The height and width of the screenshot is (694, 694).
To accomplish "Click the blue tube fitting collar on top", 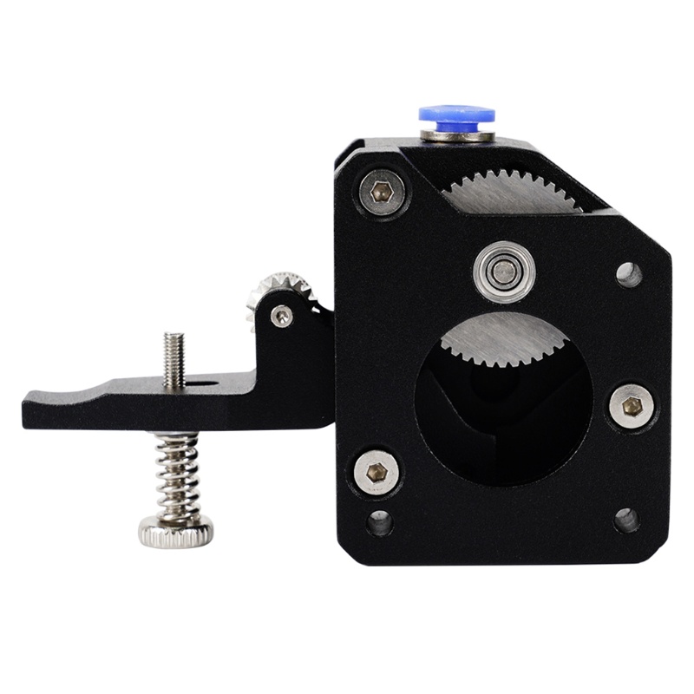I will pos(456,115).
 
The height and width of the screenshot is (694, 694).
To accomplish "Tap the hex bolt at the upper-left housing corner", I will pos(382,193).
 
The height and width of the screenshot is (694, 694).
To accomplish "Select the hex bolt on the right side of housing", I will pos(631,406).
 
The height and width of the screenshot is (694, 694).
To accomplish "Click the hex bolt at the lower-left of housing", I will pos(377,472).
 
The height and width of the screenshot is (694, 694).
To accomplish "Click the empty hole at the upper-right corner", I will pos(629,274).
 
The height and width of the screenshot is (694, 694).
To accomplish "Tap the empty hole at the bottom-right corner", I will pos(626,520).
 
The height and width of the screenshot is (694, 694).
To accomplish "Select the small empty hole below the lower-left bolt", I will pos(379,522).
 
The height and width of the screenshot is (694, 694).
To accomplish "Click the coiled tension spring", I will pos(177,473).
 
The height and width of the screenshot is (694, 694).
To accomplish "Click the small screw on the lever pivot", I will pos(281,317).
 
